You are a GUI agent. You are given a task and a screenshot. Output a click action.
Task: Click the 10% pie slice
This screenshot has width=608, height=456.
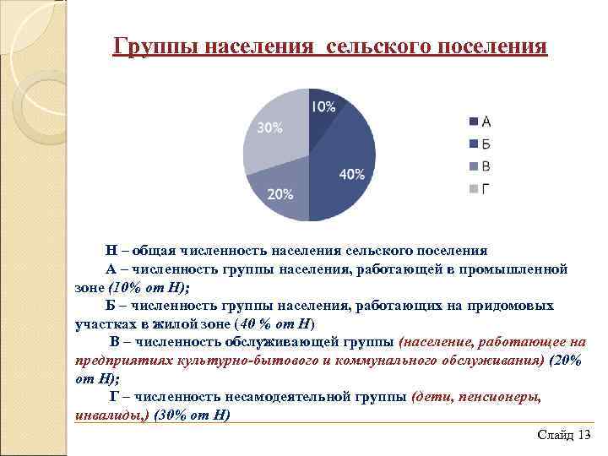click(323, 118)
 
